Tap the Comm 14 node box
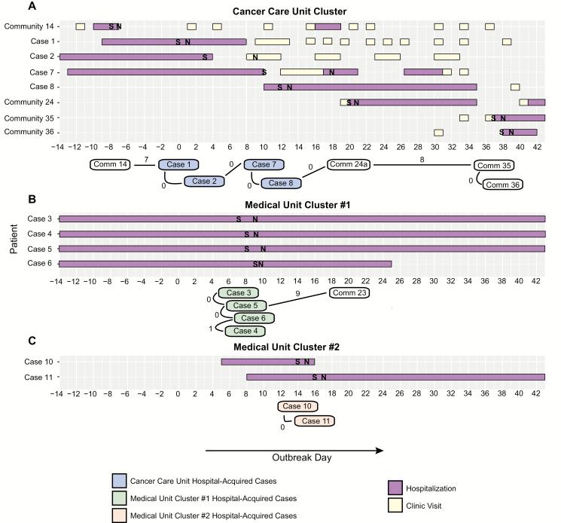point(111,164)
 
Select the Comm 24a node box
point(349,164)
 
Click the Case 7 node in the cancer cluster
point(264,164)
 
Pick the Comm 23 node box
point(349,293)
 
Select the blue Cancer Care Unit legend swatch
point(117,480)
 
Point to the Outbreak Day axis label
point(295,457)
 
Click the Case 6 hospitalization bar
point(225,263)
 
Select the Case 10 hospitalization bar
point(267,362)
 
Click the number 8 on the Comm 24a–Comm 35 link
point(422,159)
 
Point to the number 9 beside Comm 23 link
point(297,292)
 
